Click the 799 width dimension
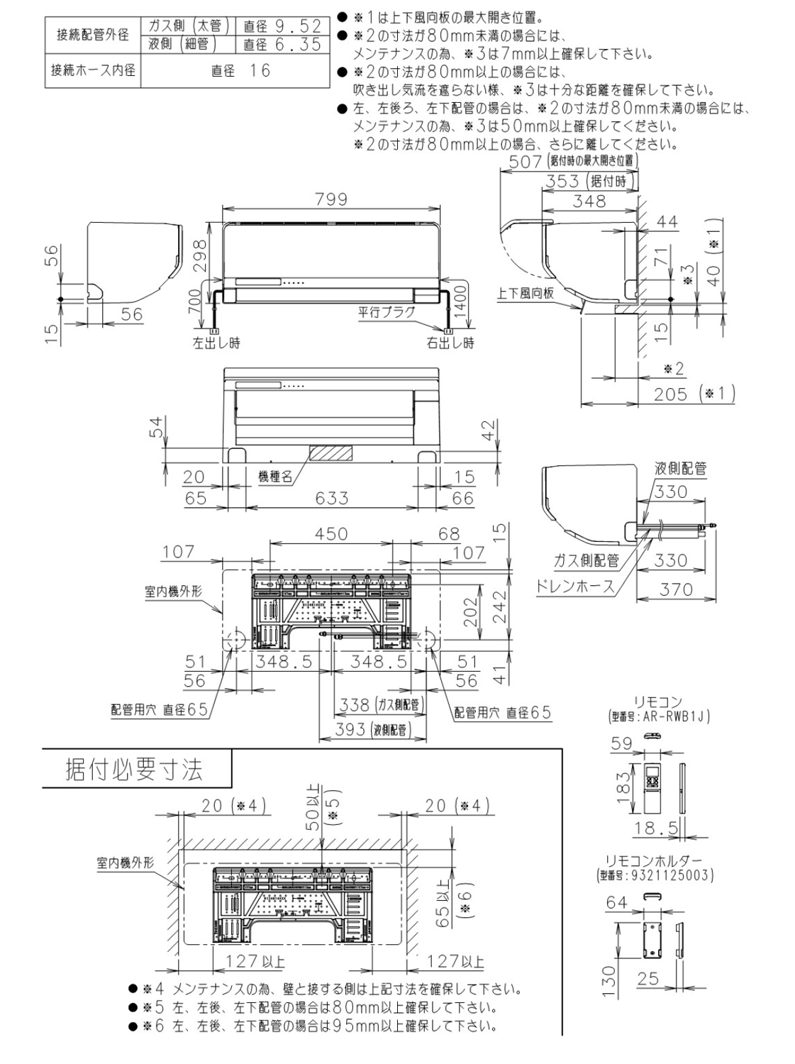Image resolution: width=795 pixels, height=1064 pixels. pyautogui.click(x=331, y=199)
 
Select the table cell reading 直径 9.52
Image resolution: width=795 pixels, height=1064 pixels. pyautogui.click(x=282, y=26)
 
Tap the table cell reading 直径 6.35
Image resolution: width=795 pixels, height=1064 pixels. pyautogui.click(x=282, y=45)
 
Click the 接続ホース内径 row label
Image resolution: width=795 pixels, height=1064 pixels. pyautogui.click(x=93, y=70)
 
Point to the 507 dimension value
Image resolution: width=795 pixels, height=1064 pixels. pyautogui.click(x=525, y=162)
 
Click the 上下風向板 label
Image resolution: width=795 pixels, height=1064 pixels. pyautogui.click(x=526, y=293)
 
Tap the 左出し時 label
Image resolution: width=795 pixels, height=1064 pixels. pyautogui.click(x=216, y=343)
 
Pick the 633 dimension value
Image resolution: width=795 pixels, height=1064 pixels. pyautogui.click(x=331, y=498)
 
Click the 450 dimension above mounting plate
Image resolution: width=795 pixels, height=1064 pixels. pyautogui.click(x=331, y=534)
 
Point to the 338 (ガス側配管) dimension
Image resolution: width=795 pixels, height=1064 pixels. pyautogui.click(x=381, y=704)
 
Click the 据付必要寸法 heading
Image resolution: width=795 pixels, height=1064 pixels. pyautogui.click(x=134, y=770)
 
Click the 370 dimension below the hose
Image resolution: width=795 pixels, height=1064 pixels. pyautogui.click(x=675, y=589)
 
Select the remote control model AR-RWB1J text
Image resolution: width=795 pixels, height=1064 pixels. pyautogui.click(x=659, y=717)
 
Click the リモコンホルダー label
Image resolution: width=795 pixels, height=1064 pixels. pyautogui.click(x=654, y=863)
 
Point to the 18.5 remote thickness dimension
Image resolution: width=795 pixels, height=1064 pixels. pyautogui.click(x=656, y=828)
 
